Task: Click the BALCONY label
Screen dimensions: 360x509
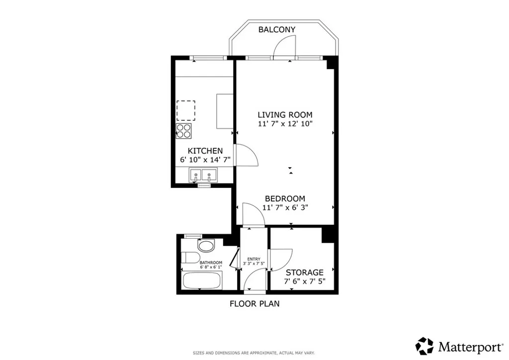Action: point(277,29)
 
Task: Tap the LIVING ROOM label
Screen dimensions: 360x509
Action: point(285,115)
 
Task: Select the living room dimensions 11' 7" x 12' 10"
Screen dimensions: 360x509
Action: point(285,124)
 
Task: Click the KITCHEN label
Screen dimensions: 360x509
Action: point(205,151)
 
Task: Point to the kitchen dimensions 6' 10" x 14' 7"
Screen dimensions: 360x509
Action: point(205,160)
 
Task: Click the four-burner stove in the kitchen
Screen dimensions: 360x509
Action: point(183,130)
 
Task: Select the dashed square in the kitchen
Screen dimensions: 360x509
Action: point(186,110)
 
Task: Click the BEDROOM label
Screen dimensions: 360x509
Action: point(285,198)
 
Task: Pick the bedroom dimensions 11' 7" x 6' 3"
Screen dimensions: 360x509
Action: point(285,207)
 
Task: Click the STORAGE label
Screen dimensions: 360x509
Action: point(304,272)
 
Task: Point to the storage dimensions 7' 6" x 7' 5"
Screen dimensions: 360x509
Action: point(304,281)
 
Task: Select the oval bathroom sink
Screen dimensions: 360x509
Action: point(205,246)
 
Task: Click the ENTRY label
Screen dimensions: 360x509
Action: point(254,259)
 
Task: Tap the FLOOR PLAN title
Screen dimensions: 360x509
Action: point(254,303)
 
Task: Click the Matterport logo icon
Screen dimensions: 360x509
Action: point(424,346)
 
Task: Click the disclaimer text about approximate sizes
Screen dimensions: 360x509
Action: point(254,353)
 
